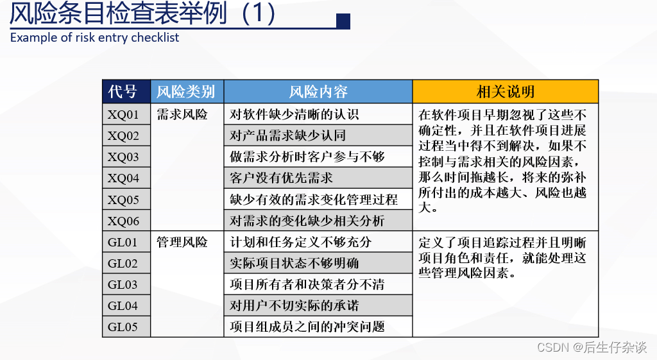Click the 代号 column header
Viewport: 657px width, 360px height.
pyautogui.click(x=126, y=92)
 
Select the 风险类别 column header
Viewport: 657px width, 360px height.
pyautogui.click(x=187, y=92)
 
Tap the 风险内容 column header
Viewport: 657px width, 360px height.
pyautogui.click(x=318, y=92)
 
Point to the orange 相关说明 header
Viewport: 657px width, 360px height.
pyautogui.click(x=505, y=92)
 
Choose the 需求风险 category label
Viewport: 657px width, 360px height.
pyautogui.click(x=182, y=115)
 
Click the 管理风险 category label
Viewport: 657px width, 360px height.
pyautogui.click(x=182, y=242)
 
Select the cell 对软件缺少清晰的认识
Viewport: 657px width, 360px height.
pyautogui.click(x=294, y=115)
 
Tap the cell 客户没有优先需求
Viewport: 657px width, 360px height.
pyautogui.click(x=282, y=178)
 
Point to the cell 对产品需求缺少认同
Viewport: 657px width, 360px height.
pyautogui.click(x=287, y=135)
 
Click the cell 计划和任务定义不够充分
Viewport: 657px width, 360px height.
pyautogui.click(x=300, y=242)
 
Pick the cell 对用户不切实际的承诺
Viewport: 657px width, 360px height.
pyautogui.click(x=294, y=305)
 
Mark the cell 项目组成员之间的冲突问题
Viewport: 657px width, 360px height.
pyautogui.click(x=307, y=327)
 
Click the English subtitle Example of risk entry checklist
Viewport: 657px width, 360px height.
pyautogui.click(x=95, y=37)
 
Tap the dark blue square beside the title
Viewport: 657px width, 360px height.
pyautogui.click(x=343, y=21)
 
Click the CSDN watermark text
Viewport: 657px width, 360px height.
pyautogui.click(x=591, y=347)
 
